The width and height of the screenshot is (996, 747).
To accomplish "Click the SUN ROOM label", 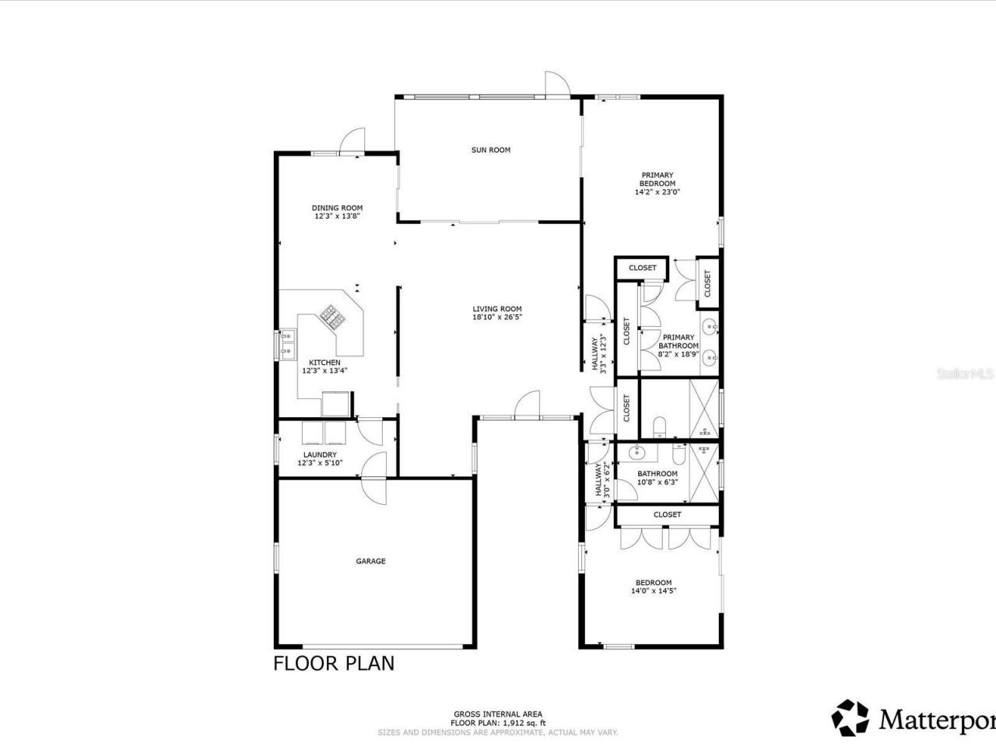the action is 490,150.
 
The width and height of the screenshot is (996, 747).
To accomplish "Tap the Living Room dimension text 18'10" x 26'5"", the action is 496,317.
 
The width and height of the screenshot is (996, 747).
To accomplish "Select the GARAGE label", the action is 370,561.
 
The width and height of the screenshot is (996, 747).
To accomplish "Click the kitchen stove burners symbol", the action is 331,314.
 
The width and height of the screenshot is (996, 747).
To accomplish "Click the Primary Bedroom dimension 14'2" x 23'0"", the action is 658,191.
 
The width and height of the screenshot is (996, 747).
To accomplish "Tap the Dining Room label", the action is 337,208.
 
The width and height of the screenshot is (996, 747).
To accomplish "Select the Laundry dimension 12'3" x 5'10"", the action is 319,464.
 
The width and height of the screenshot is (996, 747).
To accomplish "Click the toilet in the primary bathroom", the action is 659,426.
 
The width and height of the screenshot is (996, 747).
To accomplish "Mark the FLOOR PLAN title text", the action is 333,664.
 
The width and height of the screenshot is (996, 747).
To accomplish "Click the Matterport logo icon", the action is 850,717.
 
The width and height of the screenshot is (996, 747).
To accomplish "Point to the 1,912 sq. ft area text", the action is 498,723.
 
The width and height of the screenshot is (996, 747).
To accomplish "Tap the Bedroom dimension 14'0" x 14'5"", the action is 653,591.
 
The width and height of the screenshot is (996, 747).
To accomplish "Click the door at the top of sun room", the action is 556,84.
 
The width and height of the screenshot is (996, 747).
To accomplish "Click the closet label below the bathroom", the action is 667,514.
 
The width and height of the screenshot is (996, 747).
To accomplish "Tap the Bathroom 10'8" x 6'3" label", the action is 657,478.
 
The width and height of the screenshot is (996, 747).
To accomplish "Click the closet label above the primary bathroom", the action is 642,268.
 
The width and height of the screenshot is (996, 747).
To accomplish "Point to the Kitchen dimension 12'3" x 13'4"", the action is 324,371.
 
